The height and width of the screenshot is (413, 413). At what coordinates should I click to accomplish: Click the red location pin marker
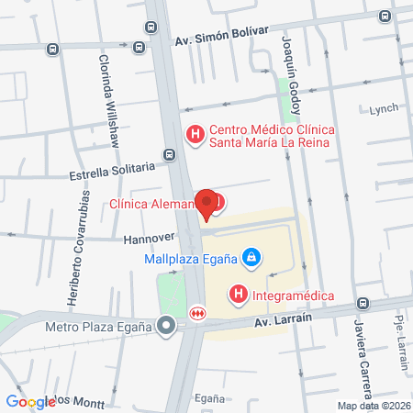click(x=207, y=205)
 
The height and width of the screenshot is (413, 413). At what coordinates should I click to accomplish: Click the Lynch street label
click(x=384, y=108)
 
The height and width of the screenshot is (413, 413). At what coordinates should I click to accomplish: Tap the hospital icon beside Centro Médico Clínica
click(x=195, y=135)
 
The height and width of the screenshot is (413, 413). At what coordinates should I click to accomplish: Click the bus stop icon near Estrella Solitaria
click(x=168, y=155)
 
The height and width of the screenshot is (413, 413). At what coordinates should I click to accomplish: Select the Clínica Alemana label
click(x=152, y=204)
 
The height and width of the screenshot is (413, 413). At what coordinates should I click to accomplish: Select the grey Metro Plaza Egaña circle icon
click(x=166, y=325)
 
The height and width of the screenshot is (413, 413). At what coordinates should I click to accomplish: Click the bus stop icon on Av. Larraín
click(x=363, y=304)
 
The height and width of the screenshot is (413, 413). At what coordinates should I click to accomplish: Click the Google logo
click(x=30, y=401)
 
